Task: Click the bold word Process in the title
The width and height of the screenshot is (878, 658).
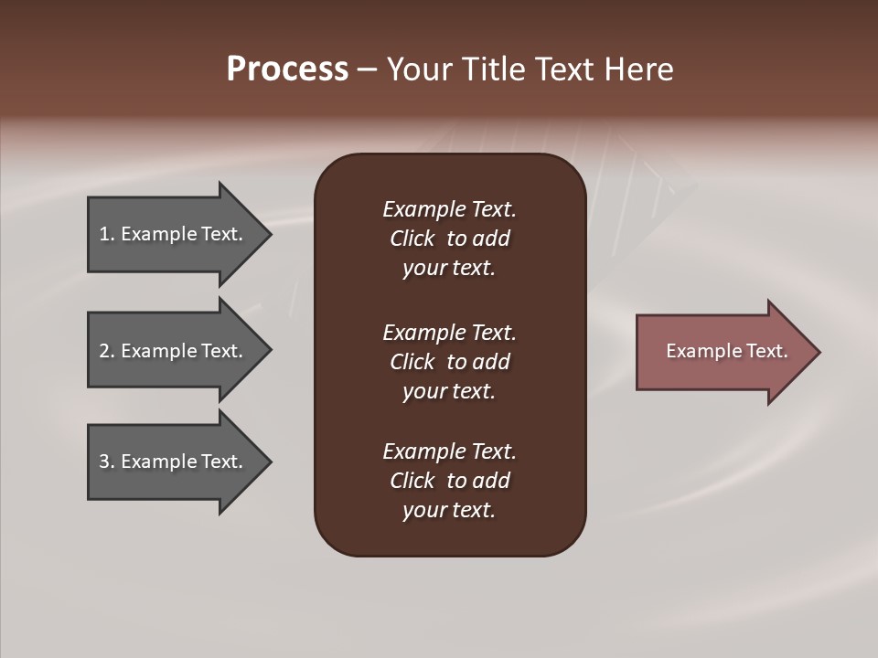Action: click(x=287, y=69)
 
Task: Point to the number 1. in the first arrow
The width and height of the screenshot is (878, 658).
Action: click(x=107, y=234)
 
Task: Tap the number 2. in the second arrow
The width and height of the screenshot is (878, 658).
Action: click(x=107, y=351)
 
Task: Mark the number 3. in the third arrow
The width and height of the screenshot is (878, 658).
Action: click(x=107, y=462)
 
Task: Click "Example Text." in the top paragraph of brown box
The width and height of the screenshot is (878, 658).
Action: click(x=449, y=209)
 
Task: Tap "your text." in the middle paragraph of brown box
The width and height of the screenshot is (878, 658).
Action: click(x=449, y=391)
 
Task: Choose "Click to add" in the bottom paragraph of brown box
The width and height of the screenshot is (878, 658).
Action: click(x=449, y=481)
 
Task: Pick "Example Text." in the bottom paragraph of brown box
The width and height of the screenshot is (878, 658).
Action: click(x=449, y=451)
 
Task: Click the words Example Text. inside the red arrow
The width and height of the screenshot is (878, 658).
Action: click(x=727, y=351)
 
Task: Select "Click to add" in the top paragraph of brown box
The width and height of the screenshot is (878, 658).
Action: click(x=449, y=239)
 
